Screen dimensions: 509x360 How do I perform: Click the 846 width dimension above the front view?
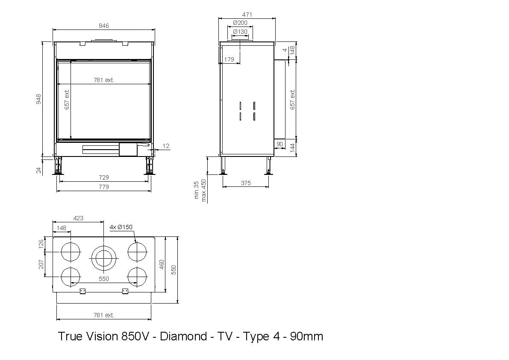(104, 26)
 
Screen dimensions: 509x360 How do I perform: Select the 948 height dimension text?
(38, 99)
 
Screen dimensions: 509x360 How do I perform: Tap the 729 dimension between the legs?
(104, 177)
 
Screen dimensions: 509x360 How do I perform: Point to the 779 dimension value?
(104, 187)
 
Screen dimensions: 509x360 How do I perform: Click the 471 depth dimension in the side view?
(247, 15)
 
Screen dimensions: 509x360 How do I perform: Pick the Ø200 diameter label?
(240, 23)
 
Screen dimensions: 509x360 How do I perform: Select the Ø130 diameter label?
(240, 32)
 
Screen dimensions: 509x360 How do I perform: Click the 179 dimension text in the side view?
(229, 59)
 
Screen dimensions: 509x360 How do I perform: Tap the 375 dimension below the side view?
(246, 183)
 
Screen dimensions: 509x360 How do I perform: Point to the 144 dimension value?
(292, 148)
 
